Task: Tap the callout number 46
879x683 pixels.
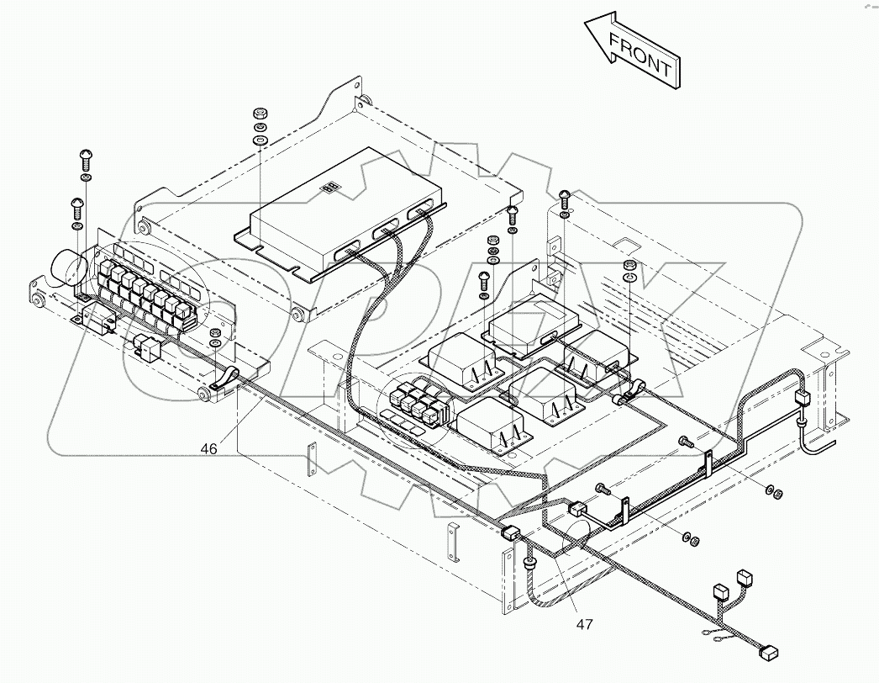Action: (x=209, y=449)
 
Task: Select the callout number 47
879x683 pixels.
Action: (x=585, y=624)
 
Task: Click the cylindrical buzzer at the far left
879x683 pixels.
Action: (x=68, y=270)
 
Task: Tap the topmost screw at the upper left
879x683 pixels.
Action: (x=86, y=155)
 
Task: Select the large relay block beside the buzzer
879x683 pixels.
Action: (x=147, y=290)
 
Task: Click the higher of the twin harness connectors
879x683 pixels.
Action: (x=743, y=579)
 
